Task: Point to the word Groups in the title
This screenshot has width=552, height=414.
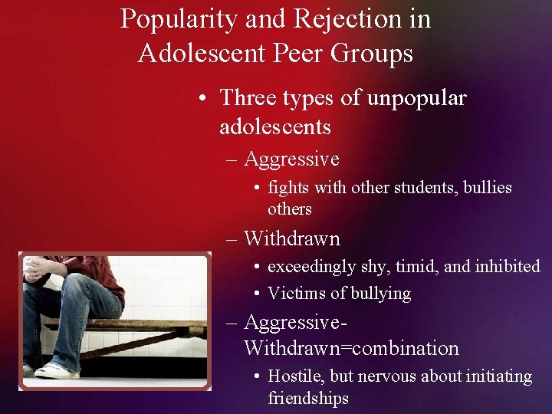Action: pyautogui.click(x=375, y=54)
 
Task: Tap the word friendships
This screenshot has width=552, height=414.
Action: pyautogui.click(x=308, y=398)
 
